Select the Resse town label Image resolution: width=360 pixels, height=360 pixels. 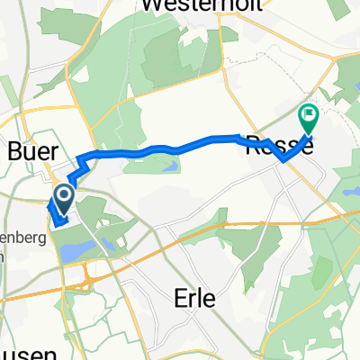[x=279, y=145]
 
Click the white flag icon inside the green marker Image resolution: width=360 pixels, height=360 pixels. [x=309, y=114]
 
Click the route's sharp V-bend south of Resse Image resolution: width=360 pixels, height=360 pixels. [x=283, y=161]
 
